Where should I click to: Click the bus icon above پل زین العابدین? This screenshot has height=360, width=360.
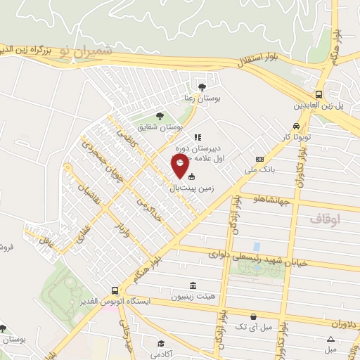319,94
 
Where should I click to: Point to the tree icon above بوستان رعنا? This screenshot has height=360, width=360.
202,87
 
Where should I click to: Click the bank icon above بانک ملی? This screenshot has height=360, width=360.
260,160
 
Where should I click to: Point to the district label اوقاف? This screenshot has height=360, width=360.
324,219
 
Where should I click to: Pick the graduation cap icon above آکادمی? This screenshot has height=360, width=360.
162,343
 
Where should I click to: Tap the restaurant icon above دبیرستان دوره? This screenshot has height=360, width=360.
198,137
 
